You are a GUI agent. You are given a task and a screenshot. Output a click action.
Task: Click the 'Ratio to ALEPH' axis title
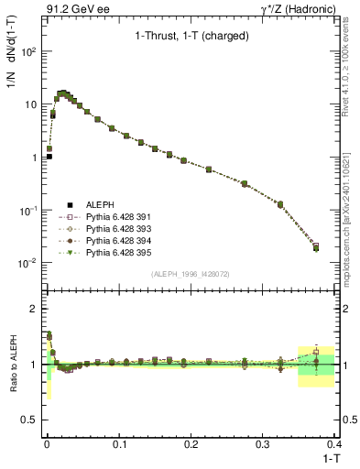tap(13, 365)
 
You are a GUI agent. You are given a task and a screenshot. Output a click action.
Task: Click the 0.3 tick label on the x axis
tap(263, 443)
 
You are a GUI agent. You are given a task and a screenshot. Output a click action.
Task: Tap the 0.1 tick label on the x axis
tap(118, 443)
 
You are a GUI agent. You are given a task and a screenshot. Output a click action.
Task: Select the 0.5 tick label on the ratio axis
tap(30, 420)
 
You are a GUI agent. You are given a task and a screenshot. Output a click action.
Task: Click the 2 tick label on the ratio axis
tap(34, 309)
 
